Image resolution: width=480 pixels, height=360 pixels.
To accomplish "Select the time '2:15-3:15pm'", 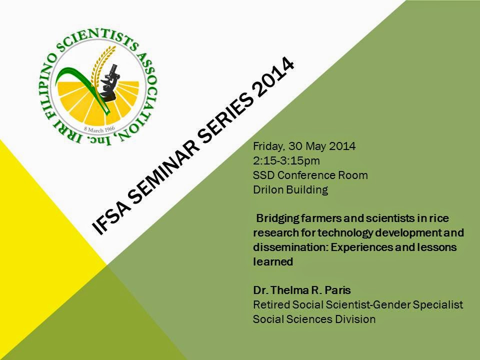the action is pyautogui.click(x=286, y=161).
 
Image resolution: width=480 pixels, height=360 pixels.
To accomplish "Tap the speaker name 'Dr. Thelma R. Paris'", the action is pyautogui.click(x=302, y=290).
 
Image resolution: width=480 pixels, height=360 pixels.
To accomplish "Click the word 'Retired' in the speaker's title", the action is pyautogui.click(x=271, y=304).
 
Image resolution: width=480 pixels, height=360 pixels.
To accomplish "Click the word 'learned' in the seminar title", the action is pyautogui.click(x=273, y=261).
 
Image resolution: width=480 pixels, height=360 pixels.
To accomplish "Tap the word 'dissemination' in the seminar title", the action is pyautogui.click(x=291, y=247).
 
